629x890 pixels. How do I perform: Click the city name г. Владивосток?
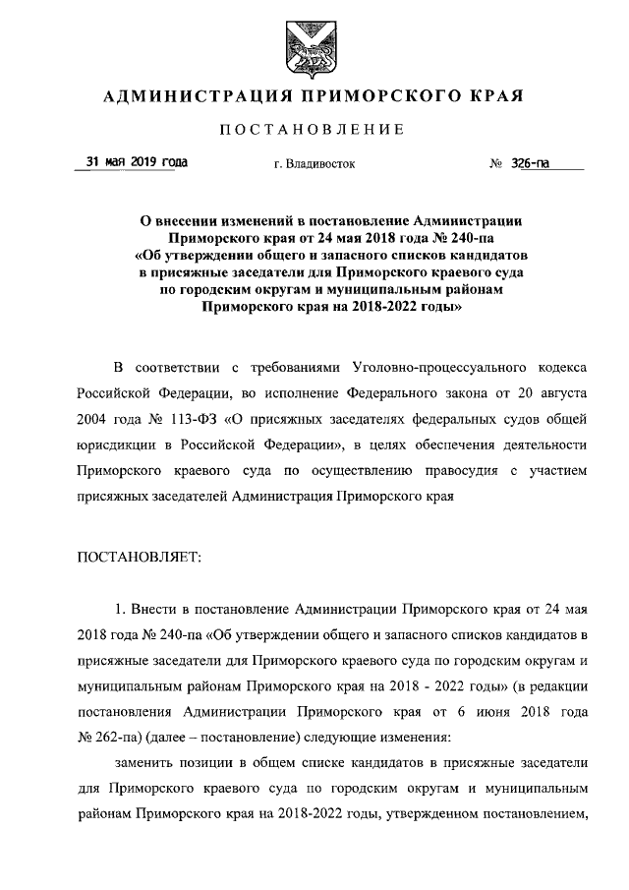click(x=314, y=164)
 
